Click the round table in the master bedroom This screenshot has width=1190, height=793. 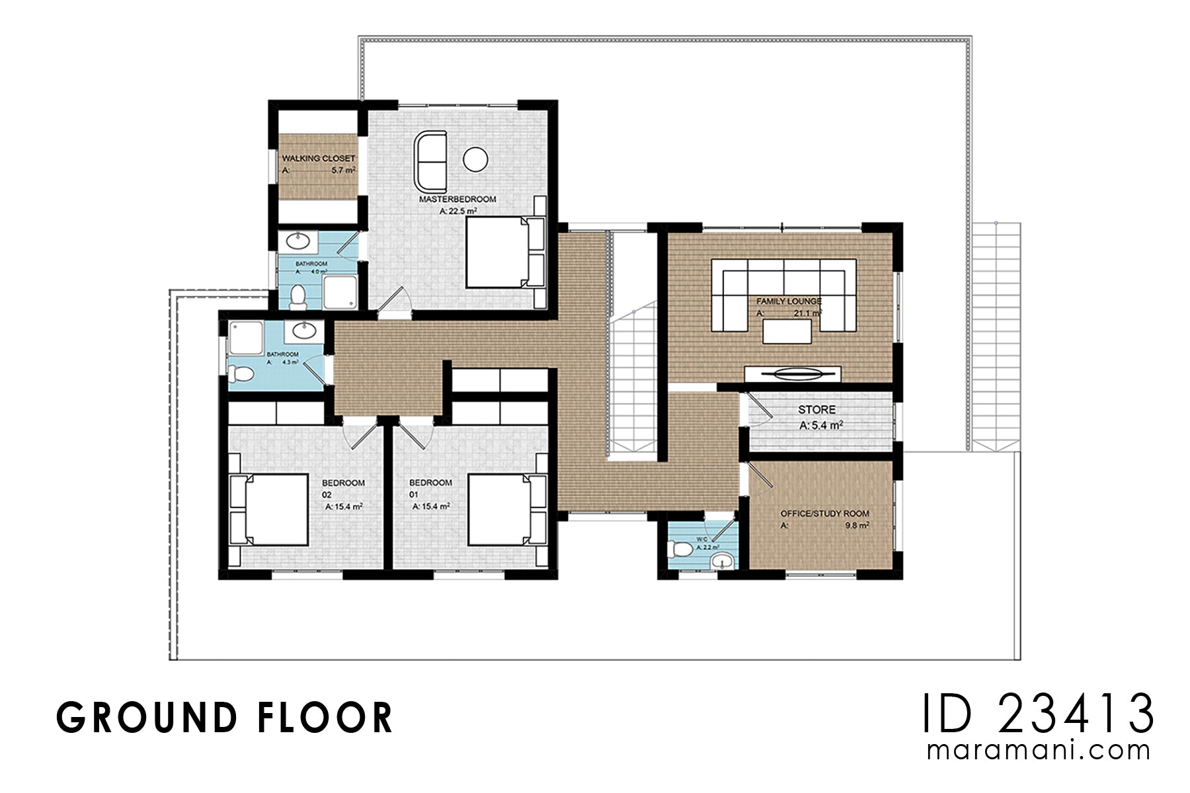pyautogui.click(x=475, y=159)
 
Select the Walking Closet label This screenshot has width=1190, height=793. pyautogui.click(x=319, y=159)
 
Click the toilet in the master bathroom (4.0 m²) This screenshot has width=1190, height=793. pyautogui.click(x=298, y=297)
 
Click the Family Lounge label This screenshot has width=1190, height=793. pyautogui.click(x=789, y=301)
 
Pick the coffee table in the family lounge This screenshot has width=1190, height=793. pyautogui.click(x=787, y=331)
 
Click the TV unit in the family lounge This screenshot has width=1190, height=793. pyautogui.click(x=792, y=374)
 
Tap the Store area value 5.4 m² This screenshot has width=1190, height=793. pyautogui.click(x=821, y=426)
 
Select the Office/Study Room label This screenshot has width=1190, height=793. pyautogui.click(x=824, y=513)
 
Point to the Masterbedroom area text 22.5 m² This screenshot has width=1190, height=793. pyautogui.click(x=458, y=211)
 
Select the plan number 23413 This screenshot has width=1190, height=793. pyautogui.click(x=1076, y=714)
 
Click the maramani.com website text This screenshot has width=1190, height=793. pyautogui.click(x=1038, y=751)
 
